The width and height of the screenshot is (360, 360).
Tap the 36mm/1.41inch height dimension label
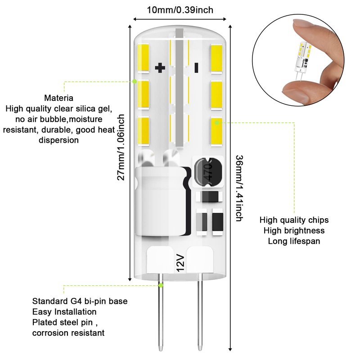pyautogui.click(x=239, y=188)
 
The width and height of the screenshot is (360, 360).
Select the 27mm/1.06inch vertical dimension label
pyautogui.click(x=121, y=147)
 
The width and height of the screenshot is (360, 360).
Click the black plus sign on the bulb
pyautogui.click(x=160, y=68)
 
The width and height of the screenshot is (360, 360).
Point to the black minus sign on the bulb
pyautogui.click(x=196, y=68)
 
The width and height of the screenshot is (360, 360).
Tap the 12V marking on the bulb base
pyautogui.click(x=180, y=262)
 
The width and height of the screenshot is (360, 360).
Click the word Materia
pyautogui.click(x=59, y=98)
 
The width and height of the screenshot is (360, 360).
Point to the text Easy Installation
pyautogui.click(x=64, y=311)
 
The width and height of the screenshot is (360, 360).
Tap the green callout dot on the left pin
pyautogui.click(x=161, y=285)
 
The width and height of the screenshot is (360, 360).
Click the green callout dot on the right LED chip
pyautogui.click(x=217, y=121)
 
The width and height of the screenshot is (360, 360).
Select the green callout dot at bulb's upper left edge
pyautogui.click(x=135, y=81)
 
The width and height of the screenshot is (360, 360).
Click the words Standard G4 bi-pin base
pyautogui.click(x=74, y=301)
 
